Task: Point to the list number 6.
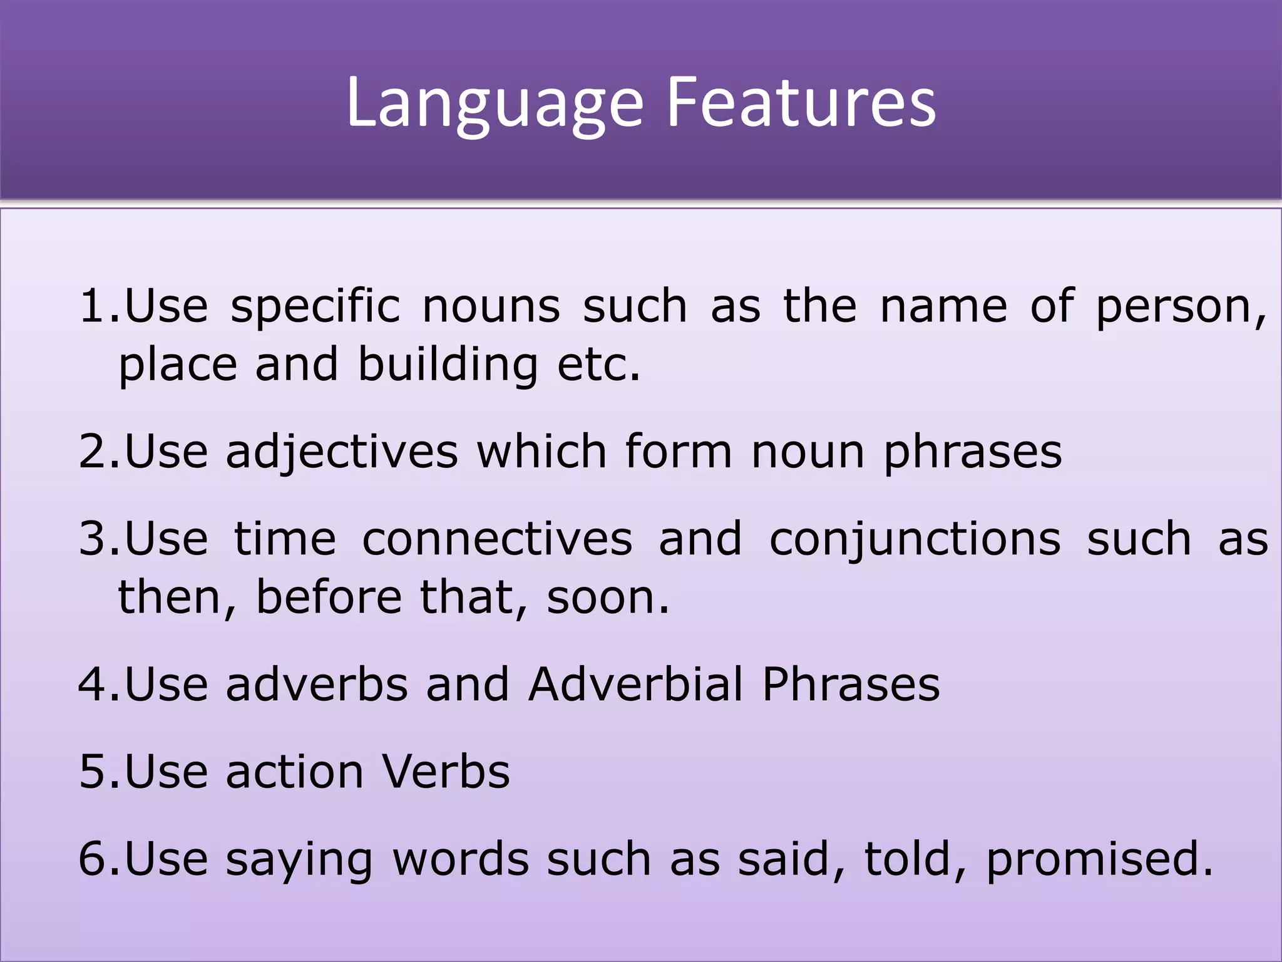tap(95, 858)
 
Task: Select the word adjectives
tap(342, 452)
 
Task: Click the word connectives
tap(497, 539)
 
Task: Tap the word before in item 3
tap(329, 596)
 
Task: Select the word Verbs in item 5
tap(446, 771)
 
